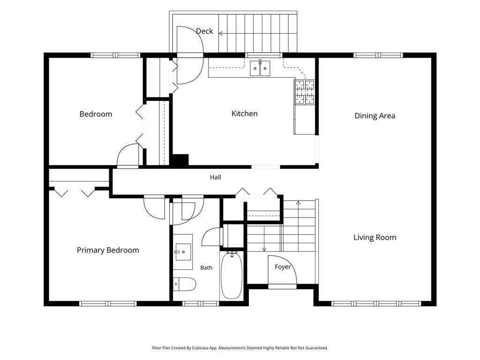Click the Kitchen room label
pos(244,113)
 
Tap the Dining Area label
pos(375,116)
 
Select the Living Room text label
pos(375,238)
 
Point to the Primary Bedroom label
pos(108,250)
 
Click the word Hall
pos(216,177)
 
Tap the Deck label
pos(204,31)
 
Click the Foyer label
pos(283,267)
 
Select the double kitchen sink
pos(260,68)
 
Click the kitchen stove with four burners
pos(304,92)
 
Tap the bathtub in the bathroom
pos(232,275)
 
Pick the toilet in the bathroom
pos(184,285)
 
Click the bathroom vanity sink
pos(183,252)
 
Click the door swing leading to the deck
pos(190,55)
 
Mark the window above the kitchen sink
pos(263,55)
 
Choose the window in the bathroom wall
pos(201,304)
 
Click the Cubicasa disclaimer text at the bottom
pos(240,348)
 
